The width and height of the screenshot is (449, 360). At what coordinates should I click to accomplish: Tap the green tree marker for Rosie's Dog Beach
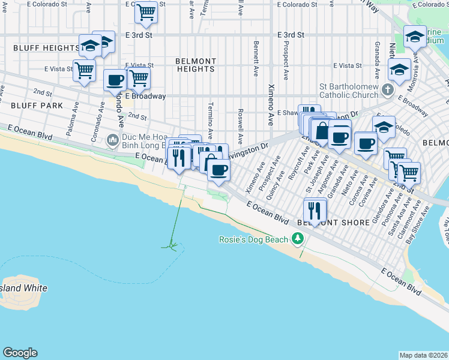click(297, 239)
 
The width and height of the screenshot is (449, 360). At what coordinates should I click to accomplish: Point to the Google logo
click(20, 353)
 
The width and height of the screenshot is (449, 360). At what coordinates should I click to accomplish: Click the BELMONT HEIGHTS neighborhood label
click(196, 65)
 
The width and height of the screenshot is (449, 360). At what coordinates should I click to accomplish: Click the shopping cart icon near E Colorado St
click(146, 12)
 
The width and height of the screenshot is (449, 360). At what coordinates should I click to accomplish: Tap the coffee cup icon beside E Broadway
click(115, 80)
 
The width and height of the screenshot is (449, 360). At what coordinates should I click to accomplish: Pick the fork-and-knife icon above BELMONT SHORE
click(315, 210)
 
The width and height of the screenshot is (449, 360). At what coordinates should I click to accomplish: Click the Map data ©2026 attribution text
click(424, 355)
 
